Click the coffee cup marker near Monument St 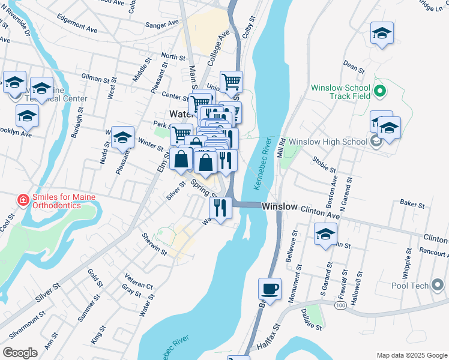[270, 289]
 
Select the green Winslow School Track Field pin [379, 92]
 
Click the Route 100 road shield [341, 305]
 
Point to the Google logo [20, 353]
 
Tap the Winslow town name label [279, 206]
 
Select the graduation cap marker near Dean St [381, 34]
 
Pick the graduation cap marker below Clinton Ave [325, 233]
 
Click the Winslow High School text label [327, 142]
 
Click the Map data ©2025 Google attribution [411, 355]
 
